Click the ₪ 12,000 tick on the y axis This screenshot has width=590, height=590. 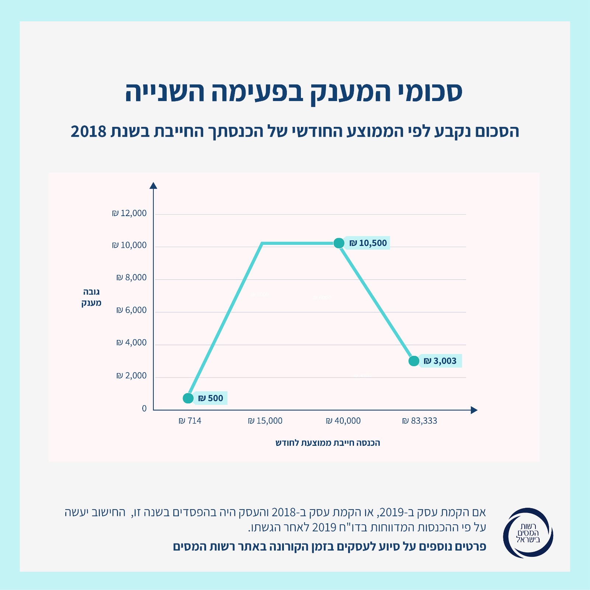(129, 214)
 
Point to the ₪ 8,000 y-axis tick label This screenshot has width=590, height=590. (132, 278)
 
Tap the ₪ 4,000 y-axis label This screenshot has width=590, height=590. (132, 343)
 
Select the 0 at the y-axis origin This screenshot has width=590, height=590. (144, 409)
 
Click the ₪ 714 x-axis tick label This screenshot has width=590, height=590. (190, 421)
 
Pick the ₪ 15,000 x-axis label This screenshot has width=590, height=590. (265, 421)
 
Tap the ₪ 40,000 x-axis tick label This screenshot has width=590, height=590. (343, 421)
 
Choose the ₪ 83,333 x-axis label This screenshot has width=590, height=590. (420, 421)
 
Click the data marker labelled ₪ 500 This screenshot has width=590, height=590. (188, 398)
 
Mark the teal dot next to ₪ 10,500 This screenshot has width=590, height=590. (339, 243)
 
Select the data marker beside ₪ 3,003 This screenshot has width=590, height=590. (414, 361)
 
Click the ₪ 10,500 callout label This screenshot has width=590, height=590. (368, 243)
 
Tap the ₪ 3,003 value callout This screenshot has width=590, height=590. (440, 361)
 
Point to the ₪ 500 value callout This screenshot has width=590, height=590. (211, 398)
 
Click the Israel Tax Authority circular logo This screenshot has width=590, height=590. (528, 533)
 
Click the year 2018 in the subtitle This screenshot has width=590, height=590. (88, 131)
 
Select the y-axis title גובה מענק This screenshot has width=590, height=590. (91, 298)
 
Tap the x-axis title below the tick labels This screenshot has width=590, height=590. (328, 443)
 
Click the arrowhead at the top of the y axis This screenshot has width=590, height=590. (153, 185)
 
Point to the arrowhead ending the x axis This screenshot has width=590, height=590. (474, 410)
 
